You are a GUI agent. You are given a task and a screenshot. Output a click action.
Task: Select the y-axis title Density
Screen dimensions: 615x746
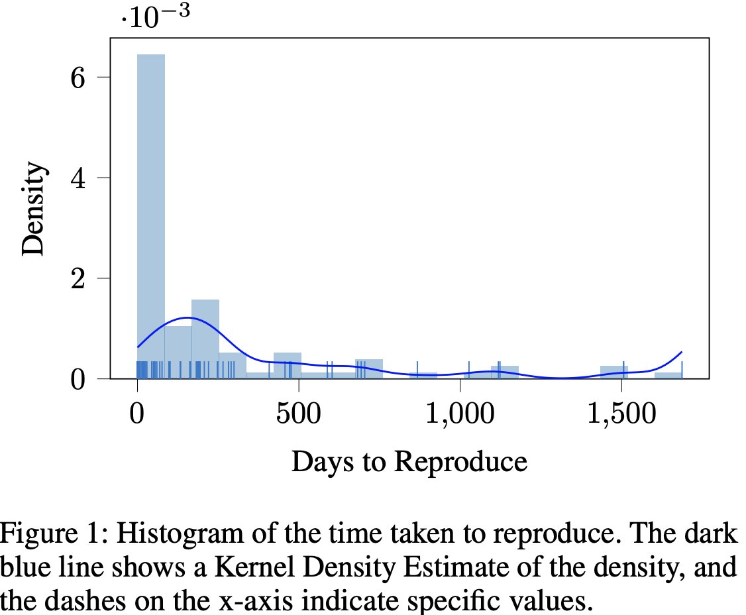tap(34, 207)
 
